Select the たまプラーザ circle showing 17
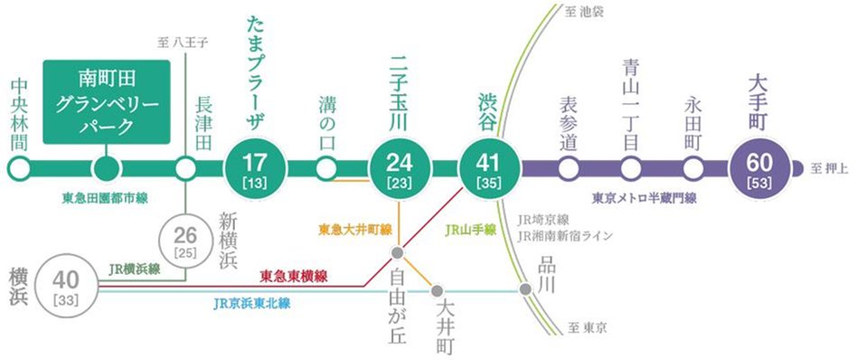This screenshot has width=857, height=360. [255, 168]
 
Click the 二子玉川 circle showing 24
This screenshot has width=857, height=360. [398, 168]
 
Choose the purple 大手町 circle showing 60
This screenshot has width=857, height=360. [759, 168]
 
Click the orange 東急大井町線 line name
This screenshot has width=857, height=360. [355, 231]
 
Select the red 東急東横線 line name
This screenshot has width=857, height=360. [293, 275]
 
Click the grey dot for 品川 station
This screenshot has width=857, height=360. [526, 290]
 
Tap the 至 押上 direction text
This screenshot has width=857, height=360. [829, 167]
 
